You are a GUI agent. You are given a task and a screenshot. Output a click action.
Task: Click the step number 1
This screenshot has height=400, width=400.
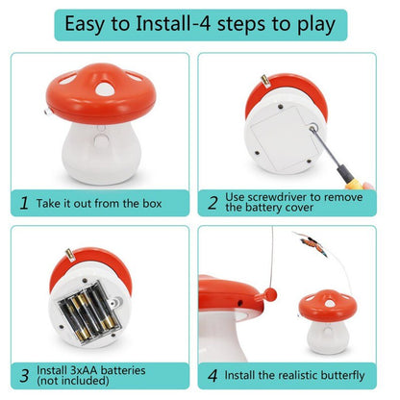(23, 203)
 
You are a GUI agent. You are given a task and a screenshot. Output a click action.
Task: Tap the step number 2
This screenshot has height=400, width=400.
(212, 203)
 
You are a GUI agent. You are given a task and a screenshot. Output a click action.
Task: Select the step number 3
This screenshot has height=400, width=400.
(23, 375)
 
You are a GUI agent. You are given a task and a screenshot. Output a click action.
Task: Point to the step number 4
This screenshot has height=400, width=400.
(212, 375)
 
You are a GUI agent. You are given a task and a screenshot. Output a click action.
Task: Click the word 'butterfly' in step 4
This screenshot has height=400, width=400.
(338, 375)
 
